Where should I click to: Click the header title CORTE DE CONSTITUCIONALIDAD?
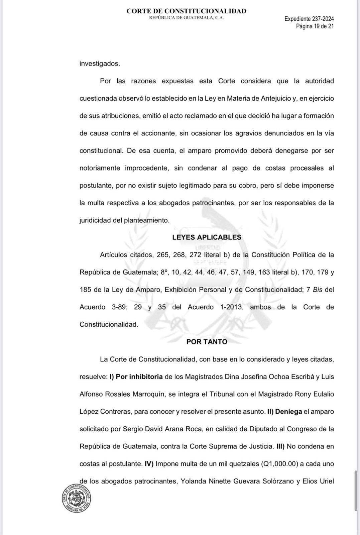click(186, 11)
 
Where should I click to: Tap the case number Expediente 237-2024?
click(309, 19)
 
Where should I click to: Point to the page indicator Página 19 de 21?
click(315, 26)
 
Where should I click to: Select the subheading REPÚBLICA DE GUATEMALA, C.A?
click(186, 18)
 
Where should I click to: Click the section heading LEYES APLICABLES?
click(207, 237)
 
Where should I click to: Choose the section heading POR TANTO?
click(207, 342)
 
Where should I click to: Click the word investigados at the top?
click(99, 64)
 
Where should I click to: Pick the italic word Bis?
click(317, 290)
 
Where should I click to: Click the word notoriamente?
click(100, 168)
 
